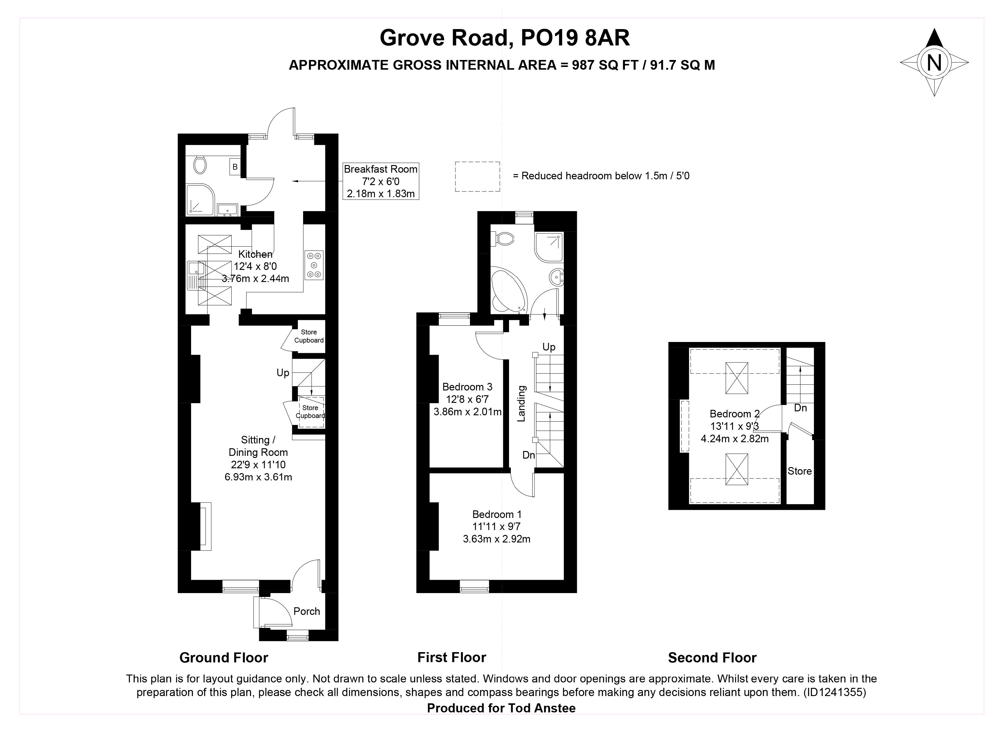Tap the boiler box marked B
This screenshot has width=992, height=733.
[x=235, y=167]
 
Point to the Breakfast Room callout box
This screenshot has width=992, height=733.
[x=381, y=181]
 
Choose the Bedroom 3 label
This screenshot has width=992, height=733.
[x=467, y=386]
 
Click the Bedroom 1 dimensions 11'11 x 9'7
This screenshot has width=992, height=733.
[x=496, y=527]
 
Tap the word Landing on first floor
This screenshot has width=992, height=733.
[x=521, y=403]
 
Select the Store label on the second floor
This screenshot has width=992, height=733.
[x=799, y=471]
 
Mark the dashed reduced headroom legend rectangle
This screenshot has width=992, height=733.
[x=478, y=177]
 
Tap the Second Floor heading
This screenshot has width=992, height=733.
[x=712, y=658]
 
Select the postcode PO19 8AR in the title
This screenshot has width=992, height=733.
[x=575, y=38]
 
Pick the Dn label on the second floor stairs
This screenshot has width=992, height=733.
[x=800, y=408]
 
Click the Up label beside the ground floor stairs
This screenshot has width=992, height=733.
[x=283, y=373]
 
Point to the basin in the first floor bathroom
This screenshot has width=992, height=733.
[x=556, y=277]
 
